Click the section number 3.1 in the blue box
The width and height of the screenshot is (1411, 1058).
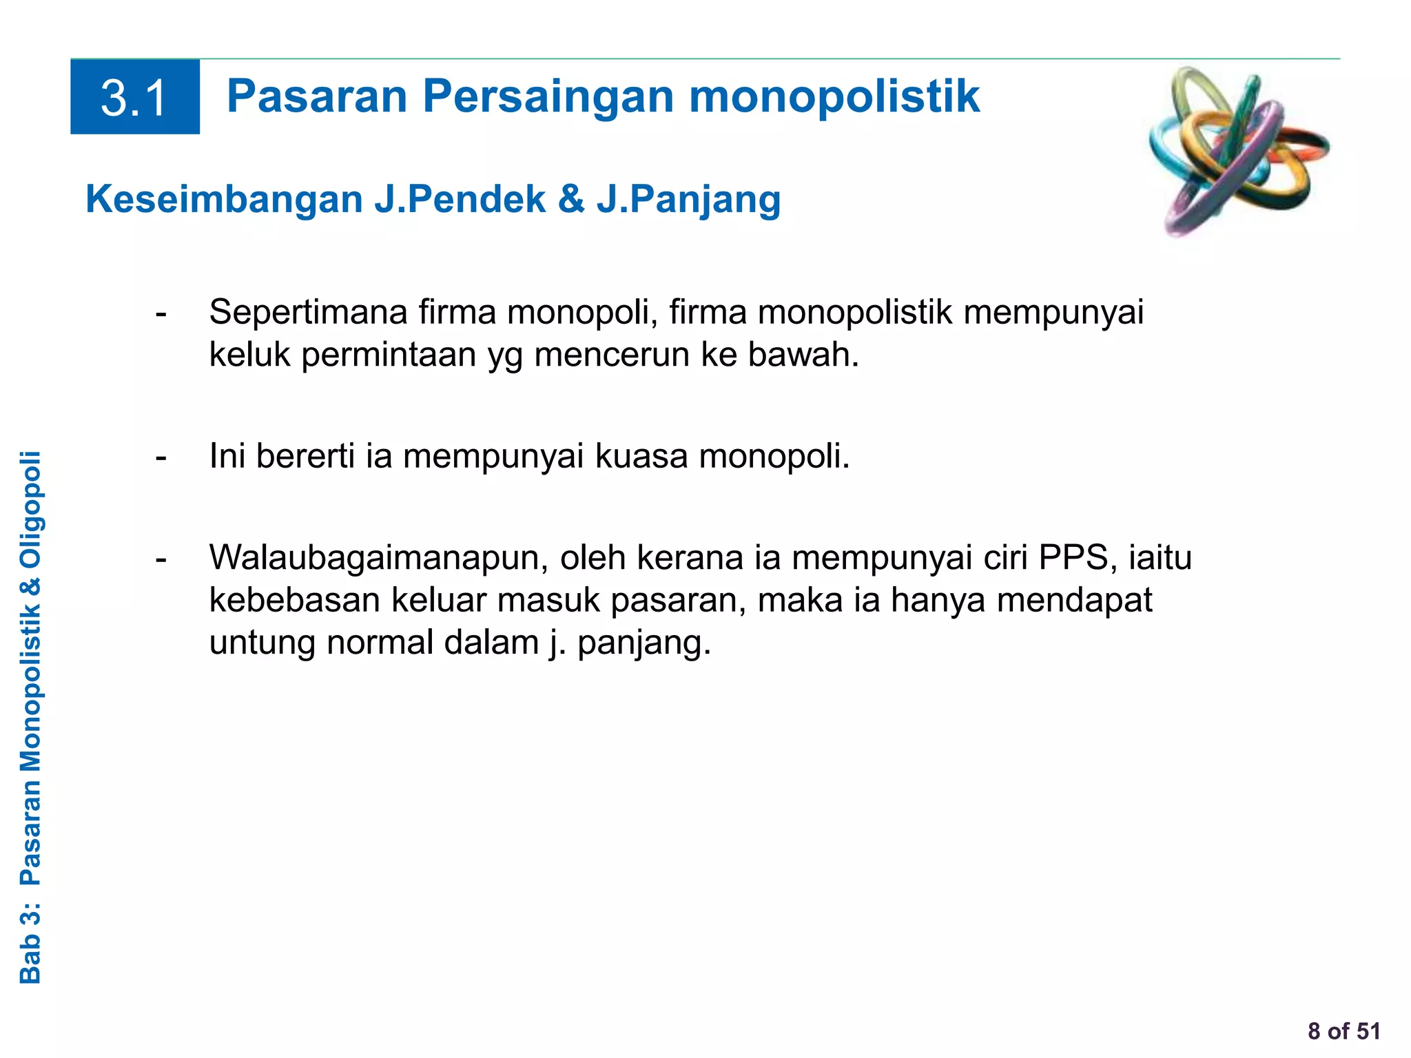(x=134, y=98)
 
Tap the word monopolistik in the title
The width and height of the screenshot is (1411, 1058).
(x=834, y=96)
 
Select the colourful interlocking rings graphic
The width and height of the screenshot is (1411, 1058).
(x=1238, y=151)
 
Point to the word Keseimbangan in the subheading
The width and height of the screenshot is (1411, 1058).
(x=224, y=200)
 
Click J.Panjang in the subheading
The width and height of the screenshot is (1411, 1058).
(x=688, y=200)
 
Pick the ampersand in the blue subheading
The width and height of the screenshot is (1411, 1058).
(x=571, y=200)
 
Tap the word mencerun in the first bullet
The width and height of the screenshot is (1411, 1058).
(x=612, y=355)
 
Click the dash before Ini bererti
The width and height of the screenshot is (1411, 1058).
(x=161, y=457)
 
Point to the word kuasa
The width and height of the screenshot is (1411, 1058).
(x=641, y=457)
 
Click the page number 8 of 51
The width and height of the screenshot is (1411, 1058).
(x=1343, y=1031)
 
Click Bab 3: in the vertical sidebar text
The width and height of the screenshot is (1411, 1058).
(x=31, y=944)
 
